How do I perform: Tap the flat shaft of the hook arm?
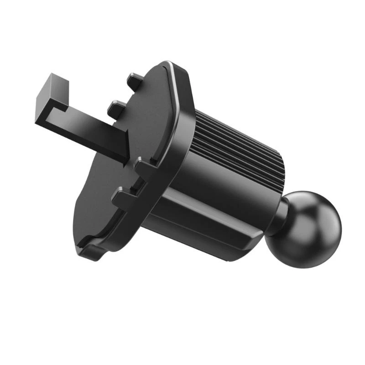tap(91, 132)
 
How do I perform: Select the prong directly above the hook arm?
tap(116, 108)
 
